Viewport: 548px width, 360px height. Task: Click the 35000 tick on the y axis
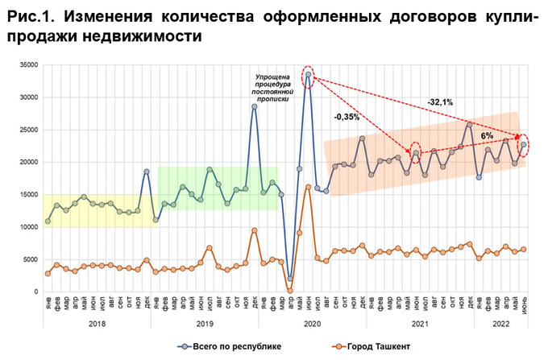28,65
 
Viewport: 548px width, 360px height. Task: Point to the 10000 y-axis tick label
28,227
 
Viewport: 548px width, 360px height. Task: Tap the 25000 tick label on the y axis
28,130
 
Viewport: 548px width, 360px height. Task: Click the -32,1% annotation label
439,102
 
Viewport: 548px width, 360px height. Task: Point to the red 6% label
487,136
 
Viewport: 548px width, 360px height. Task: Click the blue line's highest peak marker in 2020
309,74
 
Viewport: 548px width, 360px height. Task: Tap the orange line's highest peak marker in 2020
309,187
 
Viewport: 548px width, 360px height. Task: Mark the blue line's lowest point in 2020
290,279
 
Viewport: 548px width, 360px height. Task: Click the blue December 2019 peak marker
255,106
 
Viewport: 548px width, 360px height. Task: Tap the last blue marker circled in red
524,145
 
